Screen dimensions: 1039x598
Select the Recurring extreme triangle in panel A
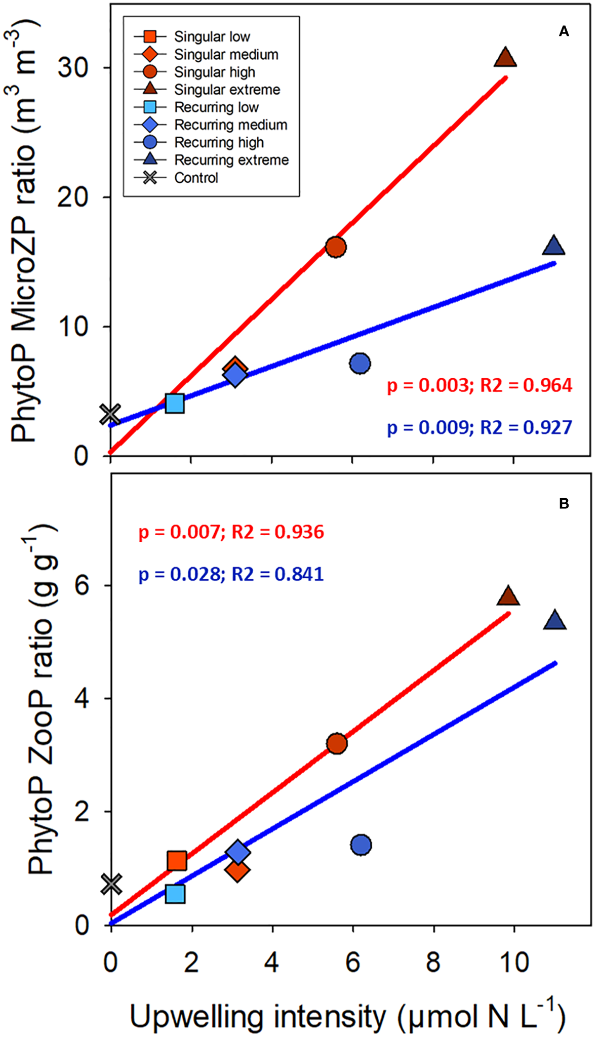point(553,246)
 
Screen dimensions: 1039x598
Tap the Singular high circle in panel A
point(336,247)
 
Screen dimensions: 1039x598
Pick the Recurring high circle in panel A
point(360,363)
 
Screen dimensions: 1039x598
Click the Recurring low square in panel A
point(175,404)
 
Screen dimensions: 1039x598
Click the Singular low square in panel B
point(177,860)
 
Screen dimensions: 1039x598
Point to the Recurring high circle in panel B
point(361,845)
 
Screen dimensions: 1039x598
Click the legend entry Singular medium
point(226,54)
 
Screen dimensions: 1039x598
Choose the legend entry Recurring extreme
point(231,160)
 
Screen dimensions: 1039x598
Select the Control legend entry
point(196,178)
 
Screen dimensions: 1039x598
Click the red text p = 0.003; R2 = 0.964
point(480,385)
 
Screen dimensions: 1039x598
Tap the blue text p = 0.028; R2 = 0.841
point(231,574)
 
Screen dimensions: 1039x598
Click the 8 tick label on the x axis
point(433,963)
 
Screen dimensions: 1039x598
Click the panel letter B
point(564,503)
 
